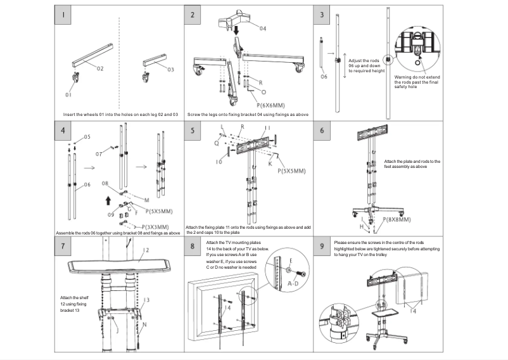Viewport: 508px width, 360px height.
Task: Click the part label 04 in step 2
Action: coord(262,29)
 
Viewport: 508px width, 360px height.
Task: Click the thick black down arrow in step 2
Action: coord(236,30)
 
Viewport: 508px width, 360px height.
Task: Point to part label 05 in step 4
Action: coord(87,136)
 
